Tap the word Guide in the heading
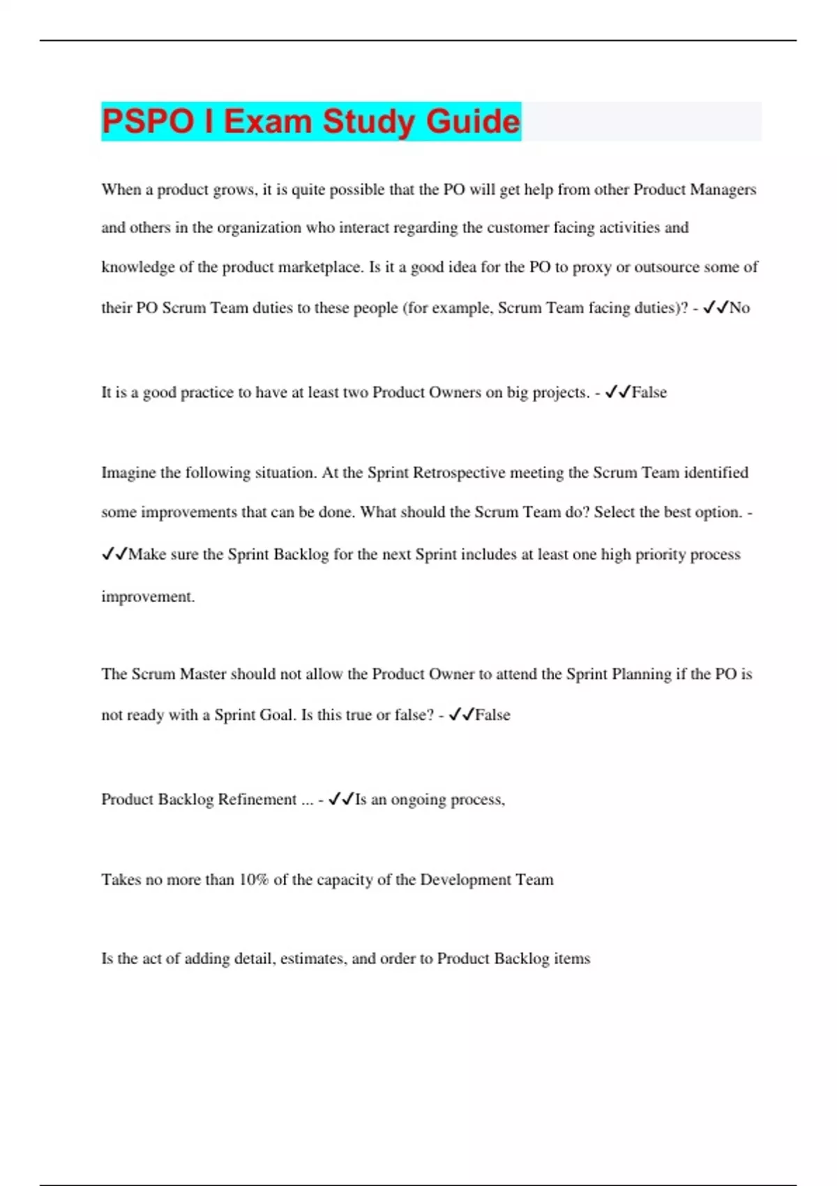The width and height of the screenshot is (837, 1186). (x=473, y=121)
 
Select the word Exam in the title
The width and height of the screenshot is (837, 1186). (x=268, y=121)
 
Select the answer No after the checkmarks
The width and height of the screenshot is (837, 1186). (x=739, y=308)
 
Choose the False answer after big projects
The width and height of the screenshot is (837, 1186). (x=649, y=393)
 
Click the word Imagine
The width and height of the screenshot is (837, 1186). (x=129, y=473)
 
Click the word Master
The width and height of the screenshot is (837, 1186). (x=203, y=675)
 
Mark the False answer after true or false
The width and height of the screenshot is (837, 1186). (x=492, y=715)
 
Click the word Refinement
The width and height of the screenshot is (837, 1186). (x=257, y=800)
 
